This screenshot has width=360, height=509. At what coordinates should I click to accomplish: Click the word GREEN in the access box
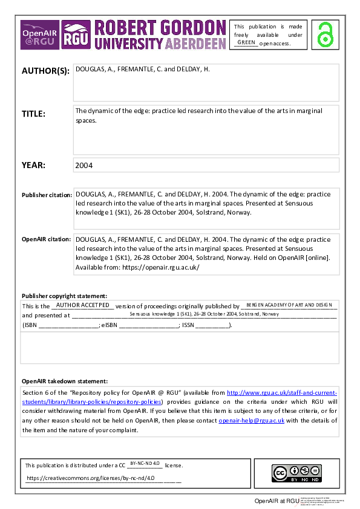pos(246,42)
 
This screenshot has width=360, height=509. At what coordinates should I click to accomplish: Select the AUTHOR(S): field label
pos(45,70)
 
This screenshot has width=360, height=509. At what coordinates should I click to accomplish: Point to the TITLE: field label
pos(33,114)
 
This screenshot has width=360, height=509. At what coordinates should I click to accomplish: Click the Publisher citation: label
pos(47,195)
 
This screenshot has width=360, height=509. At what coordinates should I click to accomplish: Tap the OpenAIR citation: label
pos(46,239)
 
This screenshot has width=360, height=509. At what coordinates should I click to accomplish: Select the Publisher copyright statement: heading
pos(64,296)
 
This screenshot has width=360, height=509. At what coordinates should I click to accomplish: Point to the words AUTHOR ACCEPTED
pos(82,305)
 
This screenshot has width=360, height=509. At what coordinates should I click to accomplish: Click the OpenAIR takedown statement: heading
pos(65,381)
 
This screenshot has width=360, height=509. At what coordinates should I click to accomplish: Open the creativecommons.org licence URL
pos(91,478)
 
